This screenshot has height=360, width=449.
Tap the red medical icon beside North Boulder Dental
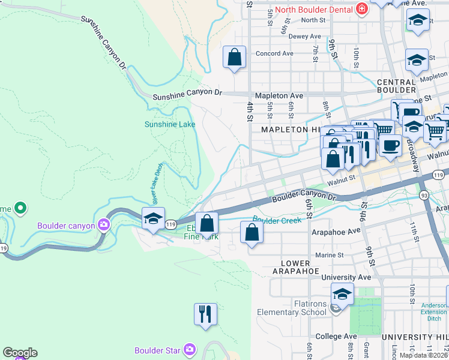pyautogui.click(x=362, y=8)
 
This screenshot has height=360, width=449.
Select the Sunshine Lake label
pyautogui.click(x=170, y=125)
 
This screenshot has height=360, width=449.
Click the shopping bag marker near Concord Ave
pyautogui.click(x=235, y=58)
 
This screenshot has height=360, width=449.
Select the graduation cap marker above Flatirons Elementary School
pyautogui.click(x=342, y=294)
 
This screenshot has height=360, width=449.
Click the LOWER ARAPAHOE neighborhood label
pyautogui.click(x=295, y=267)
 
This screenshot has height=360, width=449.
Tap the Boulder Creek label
pyautogui.click(x=277, y=220)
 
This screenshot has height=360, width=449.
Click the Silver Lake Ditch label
pyautogui.click(x=153, y=183)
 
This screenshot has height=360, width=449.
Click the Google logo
pyautogui.click(x=20, y=353)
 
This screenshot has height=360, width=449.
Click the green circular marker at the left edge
pyautogui.click(x=21, y=208)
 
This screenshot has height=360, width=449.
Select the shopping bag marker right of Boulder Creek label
pyautogui.click(x=252, y=232)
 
